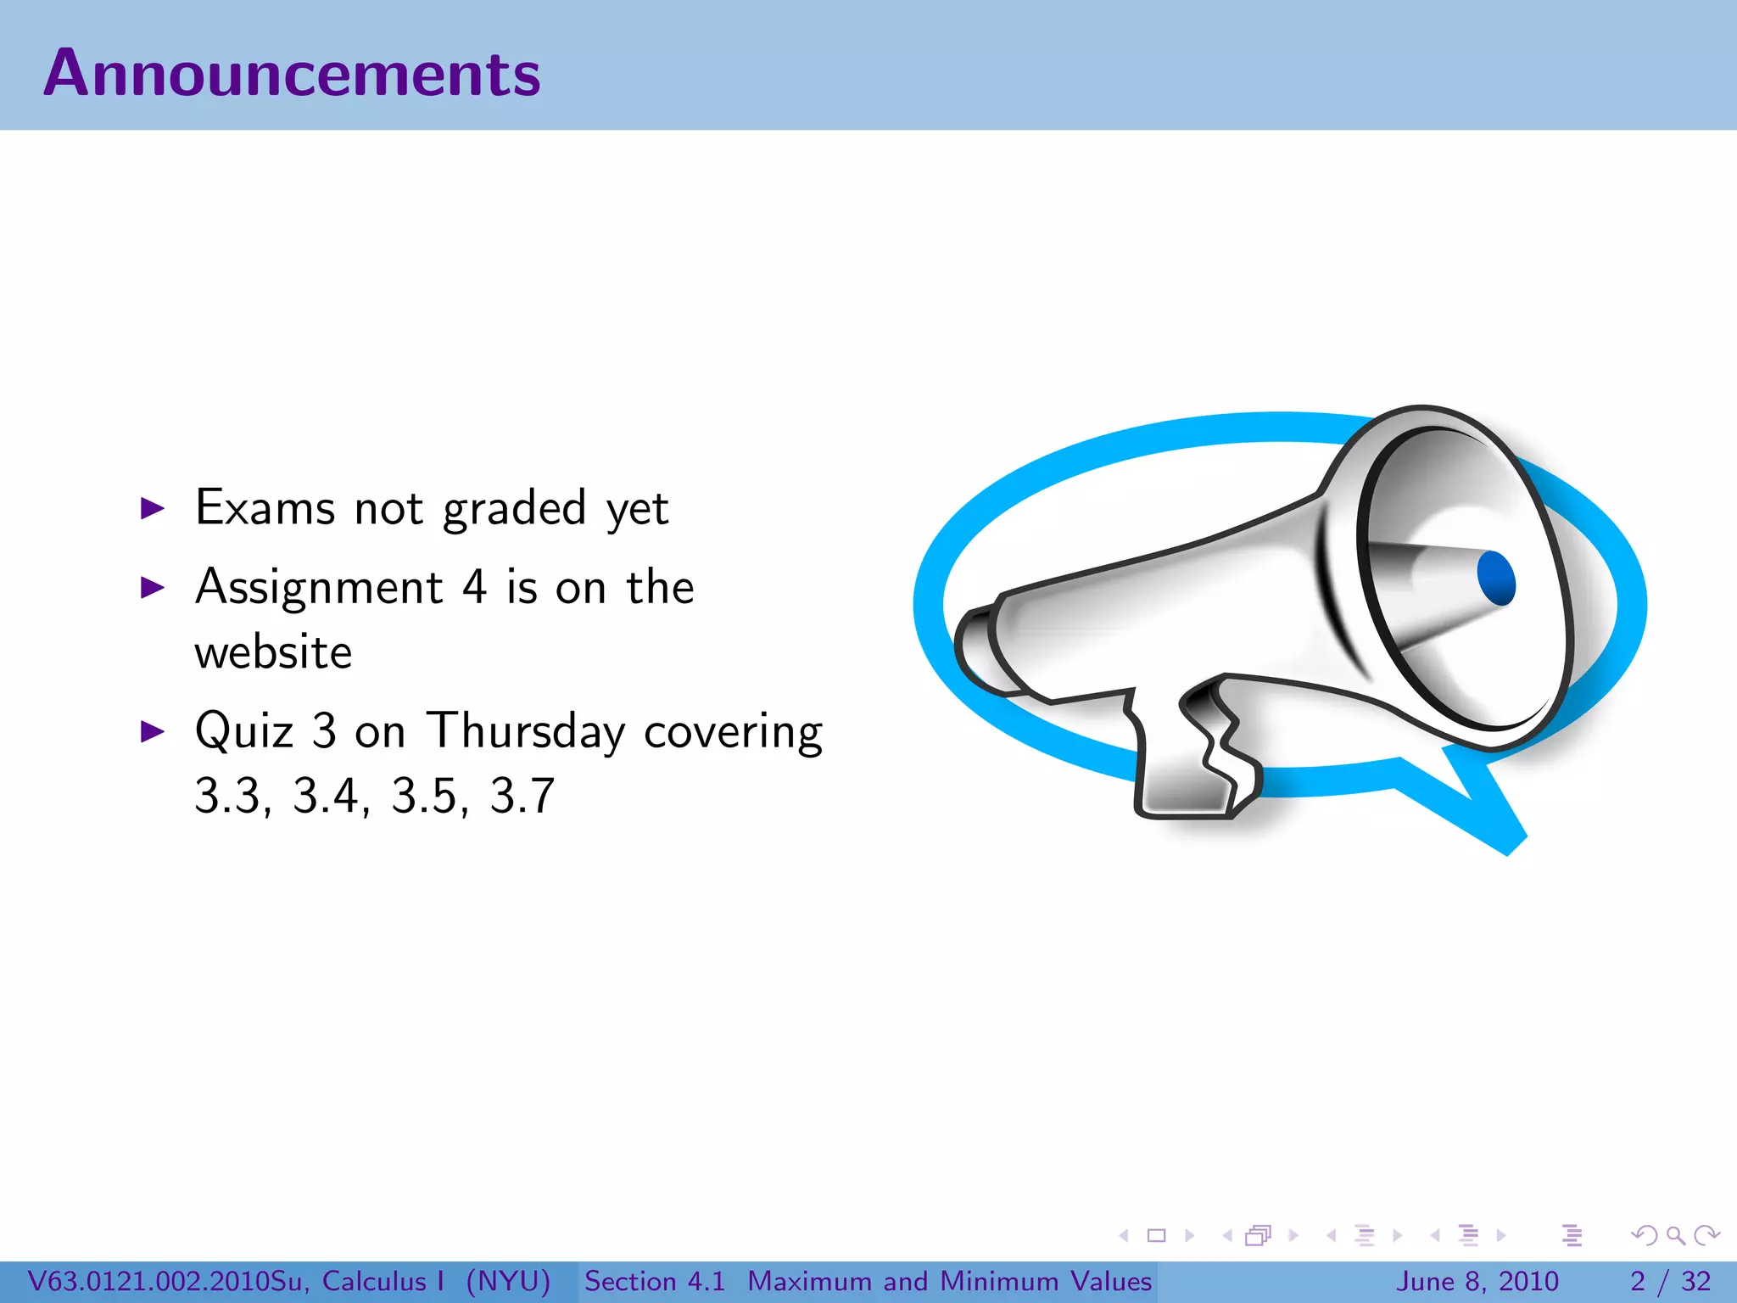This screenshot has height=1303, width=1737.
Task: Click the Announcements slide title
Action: click(291, 74)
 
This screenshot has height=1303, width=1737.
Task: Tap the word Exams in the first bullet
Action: click(265, 508)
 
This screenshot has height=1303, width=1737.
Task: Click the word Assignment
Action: click(319, 587)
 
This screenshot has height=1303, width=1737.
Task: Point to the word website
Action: click(273, 652)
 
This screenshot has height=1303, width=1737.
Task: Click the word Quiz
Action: click(244, 731)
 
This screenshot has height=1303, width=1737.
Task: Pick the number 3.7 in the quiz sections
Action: click(522, 797)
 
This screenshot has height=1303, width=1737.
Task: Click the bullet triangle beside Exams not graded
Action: click(153, 509)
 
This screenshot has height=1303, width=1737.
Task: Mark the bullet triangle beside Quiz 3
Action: click(153, 731)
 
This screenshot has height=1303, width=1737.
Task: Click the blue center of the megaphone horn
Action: click(1495, 578)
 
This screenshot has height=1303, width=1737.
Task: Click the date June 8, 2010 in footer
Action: click(1477, 1281)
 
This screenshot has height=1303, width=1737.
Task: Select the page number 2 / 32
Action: click(1670, 1281)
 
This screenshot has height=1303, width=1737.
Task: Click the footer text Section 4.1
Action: click(655, 1281)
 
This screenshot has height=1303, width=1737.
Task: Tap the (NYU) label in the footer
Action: click(508, 1281)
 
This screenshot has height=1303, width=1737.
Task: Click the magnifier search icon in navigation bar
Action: click(1675, 1235)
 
